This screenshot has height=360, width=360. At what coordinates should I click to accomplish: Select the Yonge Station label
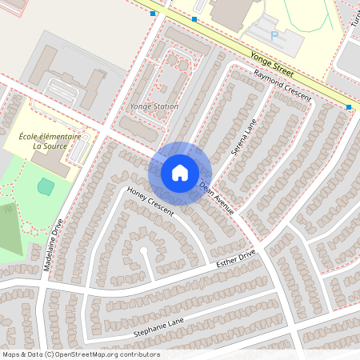click(154, 106)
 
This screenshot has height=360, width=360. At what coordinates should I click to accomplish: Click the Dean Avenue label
click(216, 198)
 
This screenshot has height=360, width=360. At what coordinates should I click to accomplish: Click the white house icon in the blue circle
click(180, 173)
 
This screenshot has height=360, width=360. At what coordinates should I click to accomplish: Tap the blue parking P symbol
click(274, 35)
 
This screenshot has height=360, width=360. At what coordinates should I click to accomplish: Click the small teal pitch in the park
click(46, 186)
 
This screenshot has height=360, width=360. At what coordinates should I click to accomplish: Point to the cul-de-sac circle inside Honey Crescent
click(144, 250)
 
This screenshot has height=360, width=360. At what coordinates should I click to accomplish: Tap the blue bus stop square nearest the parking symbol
click(194, 18)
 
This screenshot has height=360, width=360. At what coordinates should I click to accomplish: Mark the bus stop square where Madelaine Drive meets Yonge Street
click(153, 14)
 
